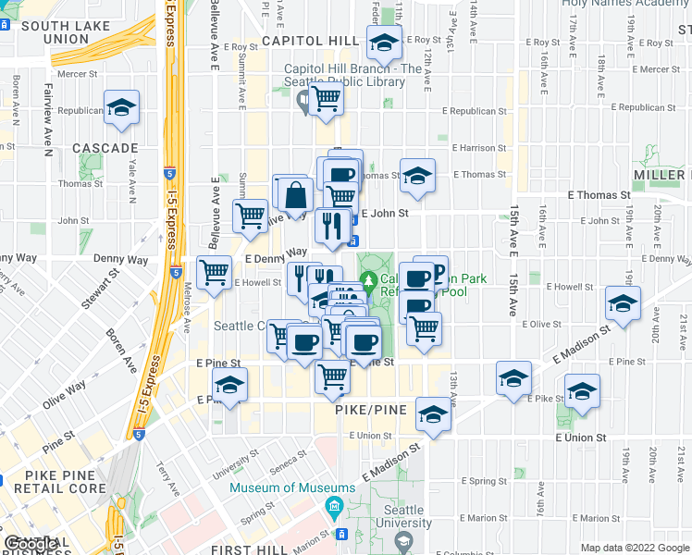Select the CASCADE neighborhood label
(105, 148)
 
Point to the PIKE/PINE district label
(355, 408)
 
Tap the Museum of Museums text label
(292, 487)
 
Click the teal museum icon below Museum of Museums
(333, 507)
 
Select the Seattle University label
(403, 516)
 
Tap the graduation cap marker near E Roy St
(382, 42)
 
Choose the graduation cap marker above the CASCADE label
(120, 107)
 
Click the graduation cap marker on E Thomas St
(418, 175)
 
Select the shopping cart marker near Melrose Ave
(215, 272)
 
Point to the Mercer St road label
(78, 74)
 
